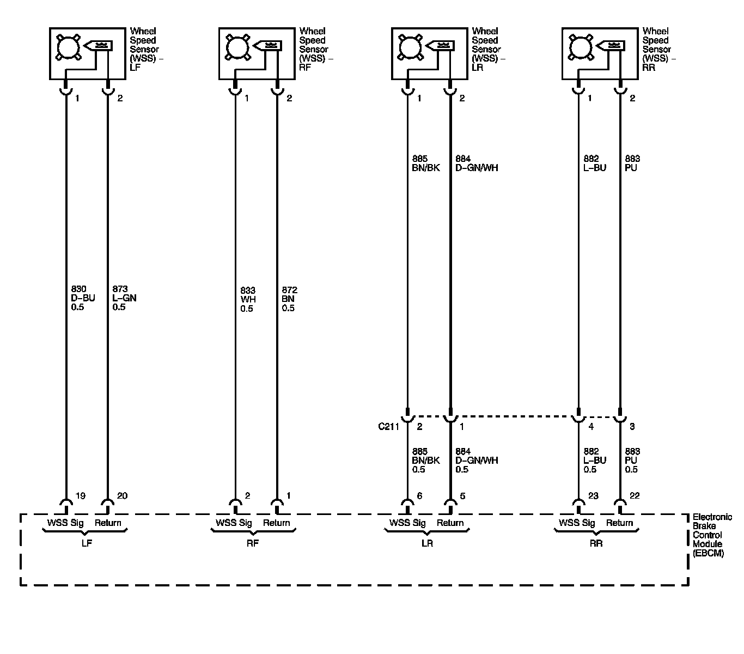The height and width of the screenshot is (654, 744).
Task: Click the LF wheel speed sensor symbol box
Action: pos(88,53)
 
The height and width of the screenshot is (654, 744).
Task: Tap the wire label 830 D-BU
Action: pos(79,298)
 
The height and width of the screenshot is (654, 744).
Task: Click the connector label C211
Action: pos(389,427)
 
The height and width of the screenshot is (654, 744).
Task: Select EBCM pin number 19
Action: pos(80,496)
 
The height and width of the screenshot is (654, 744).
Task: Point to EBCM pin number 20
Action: pos(122,496)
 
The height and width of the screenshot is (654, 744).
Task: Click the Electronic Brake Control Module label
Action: pos(711,535)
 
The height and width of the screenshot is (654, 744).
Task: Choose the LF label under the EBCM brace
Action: pos(86,544)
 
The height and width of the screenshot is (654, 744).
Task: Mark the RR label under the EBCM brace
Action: pos(596,544)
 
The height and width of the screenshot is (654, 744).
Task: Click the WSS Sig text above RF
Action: pos(234,523)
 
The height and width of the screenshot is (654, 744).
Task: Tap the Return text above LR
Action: pos(450,523)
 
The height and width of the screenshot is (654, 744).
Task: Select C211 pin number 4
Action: pos(591,427)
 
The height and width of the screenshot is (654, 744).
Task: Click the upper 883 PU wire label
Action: pos(632,163)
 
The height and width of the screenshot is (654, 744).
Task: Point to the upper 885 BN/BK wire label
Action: pos(426,163)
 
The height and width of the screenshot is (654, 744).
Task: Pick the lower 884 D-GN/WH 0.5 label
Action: pos(477,461)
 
